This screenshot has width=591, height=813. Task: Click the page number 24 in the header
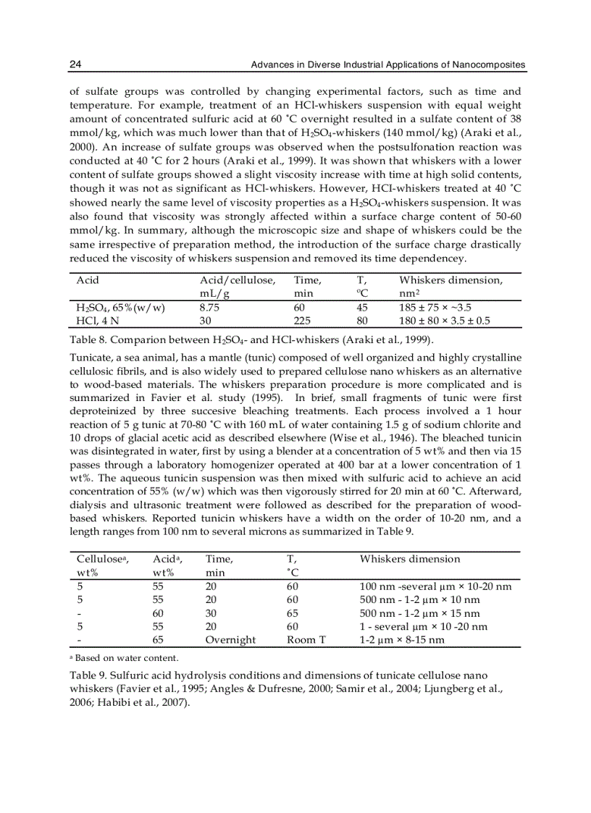coord(75,65)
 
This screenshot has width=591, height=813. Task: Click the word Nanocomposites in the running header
coord(487,65)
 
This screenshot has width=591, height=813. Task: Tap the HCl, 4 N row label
coord(96,320)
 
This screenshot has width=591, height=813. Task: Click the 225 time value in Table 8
coord(301,320)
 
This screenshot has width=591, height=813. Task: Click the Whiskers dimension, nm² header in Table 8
coord(450,280)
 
